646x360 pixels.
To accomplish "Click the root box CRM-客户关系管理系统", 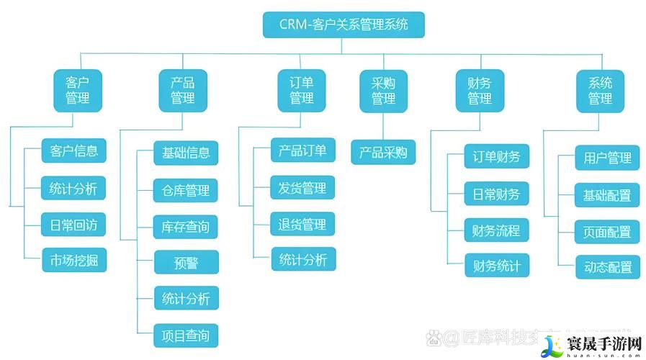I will (x=343, y=24).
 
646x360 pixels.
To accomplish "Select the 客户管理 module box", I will (x=78, y=91).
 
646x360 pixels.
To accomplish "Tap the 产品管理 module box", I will (x=182, y=91).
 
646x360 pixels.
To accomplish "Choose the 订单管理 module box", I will (x=301, y=91).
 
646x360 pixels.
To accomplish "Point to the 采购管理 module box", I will (x=383, y=91).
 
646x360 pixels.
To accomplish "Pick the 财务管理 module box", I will (x=479, y=91).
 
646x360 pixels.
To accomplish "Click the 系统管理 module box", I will (x=600, y=91).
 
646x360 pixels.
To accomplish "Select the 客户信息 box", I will (x=74, y=151).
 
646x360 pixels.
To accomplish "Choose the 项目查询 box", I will (x=186, y=336).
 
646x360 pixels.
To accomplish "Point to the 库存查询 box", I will (x=186, y=227).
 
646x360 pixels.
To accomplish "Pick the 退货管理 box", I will (x=302, y=225).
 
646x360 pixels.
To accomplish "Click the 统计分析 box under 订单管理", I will (x=302, y=260).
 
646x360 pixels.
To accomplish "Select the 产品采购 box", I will (x=383, y=153).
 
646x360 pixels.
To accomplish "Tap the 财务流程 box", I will (x=496, y=230).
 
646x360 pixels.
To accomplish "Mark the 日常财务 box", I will (x=496, y=193).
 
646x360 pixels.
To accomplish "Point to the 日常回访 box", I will (x=74, y=224).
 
